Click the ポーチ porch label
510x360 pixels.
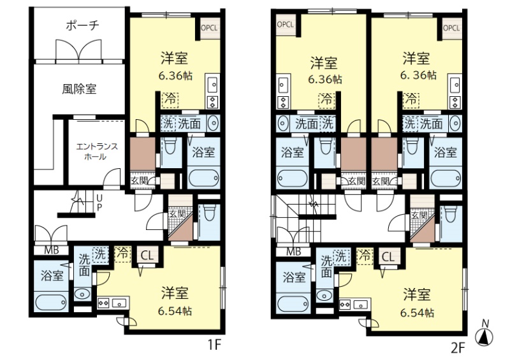tap(82, 25)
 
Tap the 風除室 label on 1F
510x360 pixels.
tap(79, 89)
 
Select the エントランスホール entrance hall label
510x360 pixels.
tap(97, 152)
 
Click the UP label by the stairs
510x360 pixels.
tap(99, 203)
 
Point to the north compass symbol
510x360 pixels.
tap(484, 335)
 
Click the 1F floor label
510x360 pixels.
tap(215, 345)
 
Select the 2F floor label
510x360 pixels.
tap(458, 349)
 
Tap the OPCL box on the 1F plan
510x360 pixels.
tap(209, 28)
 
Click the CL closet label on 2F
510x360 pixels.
tap(388, 257)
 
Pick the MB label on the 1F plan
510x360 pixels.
tap(52, 250)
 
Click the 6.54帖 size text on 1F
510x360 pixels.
tap(175, 311)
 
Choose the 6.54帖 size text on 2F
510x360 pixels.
tap(417, 313)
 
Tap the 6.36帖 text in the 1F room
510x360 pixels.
tap(176, 76)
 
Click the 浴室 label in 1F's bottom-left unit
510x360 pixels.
tap(52, 276)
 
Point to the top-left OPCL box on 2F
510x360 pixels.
tap(286, 25)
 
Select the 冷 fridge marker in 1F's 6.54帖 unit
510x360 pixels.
tap(122, 254)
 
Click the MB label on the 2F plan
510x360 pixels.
tap(294, 252)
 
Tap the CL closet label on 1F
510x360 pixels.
tap(147, 256)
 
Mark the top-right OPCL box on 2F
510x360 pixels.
tap(452, 28)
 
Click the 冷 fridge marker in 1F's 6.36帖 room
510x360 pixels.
tap(170, 99)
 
